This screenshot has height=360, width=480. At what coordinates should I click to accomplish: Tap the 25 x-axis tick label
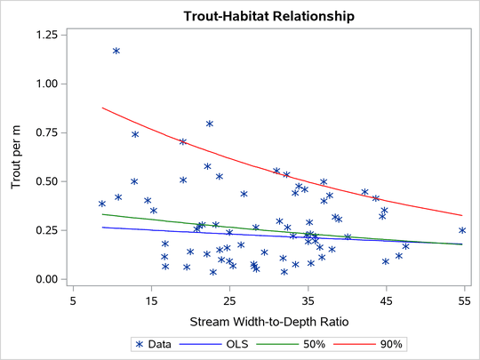click(x=229, y=301)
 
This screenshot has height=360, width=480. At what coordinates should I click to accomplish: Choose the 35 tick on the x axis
click(x=308, y=301)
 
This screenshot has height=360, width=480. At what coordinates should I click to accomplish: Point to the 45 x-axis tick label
click(x=386, y=301)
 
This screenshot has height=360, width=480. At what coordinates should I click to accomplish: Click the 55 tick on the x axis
click(x=464, y=301)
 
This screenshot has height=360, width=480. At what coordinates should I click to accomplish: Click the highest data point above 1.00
click(x=116, y=51)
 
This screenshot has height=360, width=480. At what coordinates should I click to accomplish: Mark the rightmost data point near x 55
click(x=462, y=230)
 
